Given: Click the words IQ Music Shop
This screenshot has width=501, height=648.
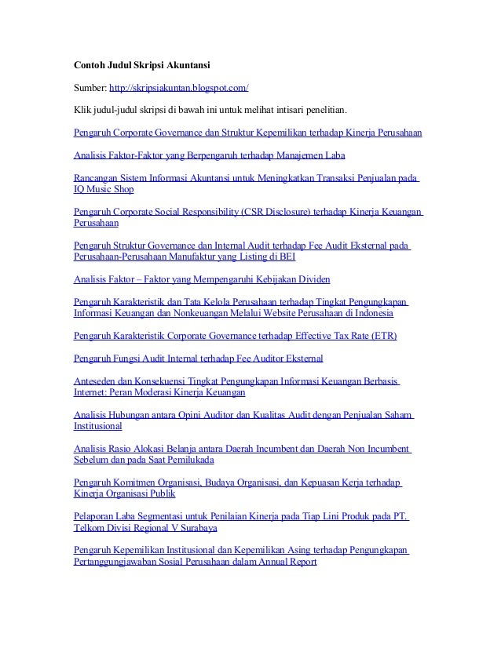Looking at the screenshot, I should pos(104,189).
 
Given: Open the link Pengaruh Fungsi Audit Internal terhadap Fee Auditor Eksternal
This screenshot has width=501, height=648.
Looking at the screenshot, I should pos(198,359).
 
